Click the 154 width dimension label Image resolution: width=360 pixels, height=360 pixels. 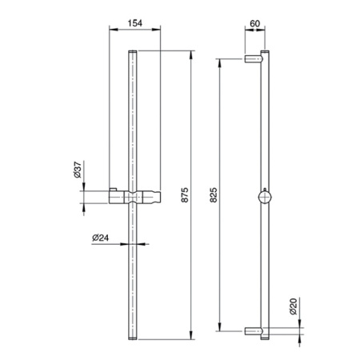point(135,23)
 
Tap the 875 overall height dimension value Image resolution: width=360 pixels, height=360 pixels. point(185,195)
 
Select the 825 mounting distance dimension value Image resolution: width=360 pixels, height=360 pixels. point(214,195)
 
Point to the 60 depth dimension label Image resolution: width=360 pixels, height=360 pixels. point(254,23)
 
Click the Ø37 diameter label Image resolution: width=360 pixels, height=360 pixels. point(78,170)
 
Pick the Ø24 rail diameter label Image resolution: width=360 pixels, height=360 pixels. point(101,238)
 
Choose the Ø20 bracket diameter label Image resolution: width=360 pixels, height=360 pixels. point(293,306)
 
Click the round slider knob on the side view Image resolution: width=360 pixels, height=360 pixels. point(265,197)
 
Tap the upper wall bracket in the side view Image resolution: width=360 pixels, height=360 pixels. point(254,58)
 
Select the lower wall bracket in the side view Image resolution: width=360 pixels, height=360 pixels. point(254,331)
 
